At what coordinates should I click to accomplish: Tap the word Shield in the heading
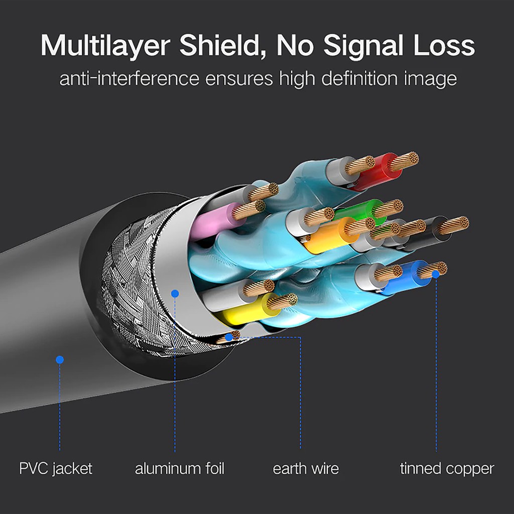[x=219, y=46]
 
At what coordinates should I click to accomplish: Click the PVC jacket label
[x=56, y=469]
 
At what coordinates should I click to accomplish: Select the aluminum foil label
[x=179, y=469]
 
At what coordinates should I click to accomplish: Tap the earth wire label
[x=306, y=469]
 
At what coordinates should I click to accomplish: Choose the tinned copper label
[x=447, y=469]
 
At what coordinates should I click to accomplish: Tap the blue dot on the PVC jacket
[x=60, y=359]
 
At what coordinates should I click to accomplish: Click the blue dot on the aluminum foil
[x=175, y=293]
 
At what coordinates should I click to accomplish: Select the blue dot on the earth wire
[x=229, y=337]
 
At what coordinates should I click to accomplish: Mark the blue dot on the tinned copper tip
[x=436, y=274]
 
